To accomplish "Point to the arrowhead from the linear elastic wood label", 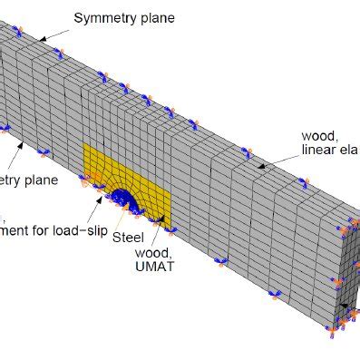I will click(258, 167).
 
